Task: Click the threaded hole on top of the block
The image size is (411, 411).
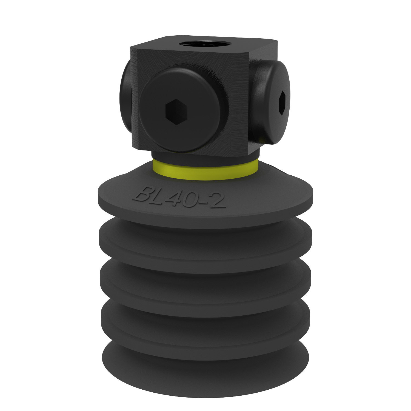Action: click(x=195, y=44)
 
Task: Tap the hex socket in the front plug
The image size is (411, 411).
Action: click(x=176, y=110)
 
